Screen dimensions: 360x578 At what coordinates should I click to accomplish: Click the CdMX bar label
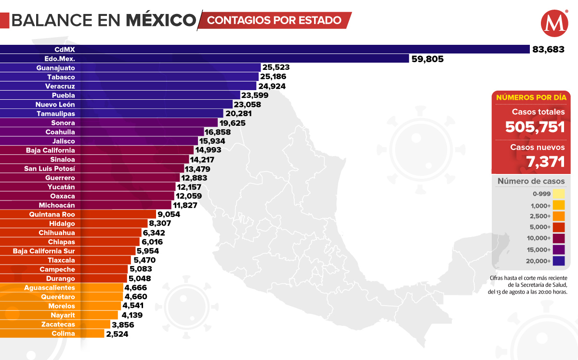[65, 49]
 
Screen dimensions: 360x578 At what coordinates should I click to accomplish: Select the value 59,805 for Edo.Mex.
[427, 59]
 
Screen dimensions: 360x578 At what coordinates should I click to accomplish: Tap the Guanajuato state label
[55, 68]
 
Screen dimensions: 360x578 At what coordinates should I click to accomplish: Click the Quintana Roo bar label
[52, 214]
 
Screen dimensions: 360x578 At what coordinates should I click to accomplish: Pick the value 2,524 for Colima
[117, 333]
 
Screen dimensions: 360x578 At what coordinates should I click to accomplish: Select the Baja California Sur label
[44, 251]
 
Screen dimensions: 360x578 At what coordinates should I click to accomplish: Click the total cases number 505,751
[535, 127]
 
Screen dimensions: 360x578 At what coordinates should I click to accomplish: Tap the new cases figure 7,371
[545, 162]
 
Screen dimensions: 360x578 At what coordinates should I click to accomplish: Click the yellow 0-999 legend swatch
[559, 194]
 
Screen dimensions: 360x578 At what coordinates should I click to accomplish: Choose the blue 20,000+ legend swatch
[559, 261]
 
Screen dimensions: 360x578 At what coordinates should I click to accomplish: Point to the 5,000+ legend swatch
[559, 227]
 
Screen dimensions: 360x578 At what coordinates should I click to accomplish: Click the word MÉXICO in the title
[161, 20]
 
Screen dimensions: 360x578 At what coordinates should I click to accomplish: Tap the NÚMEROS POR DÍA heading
[531, 97]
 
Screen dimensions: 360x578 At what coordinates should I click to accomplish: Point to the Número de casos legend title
[531, 181]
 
